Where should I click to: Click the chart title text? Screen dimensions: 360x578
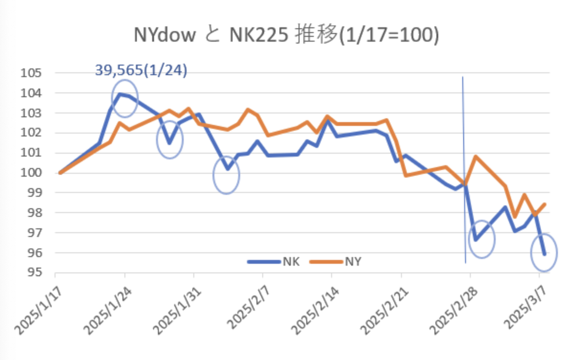point(286,36)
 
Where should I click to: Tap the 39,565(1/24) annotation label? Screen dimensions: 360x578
point(141,70)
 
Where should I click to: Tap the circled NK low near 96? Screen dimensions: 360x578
point(545,253)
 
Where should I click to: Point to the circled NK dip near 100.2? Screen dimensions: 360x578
point(226,175)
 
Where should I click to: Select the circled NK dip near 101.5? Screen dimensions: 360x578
point(170,140)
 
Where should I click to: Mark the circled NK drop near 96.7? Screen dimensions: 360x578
point(481,239)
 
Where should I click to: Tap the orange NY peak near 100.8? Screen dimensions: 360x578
point(475,157)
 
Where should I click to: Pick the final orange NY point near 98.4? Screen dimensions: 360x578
point(545,204)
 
